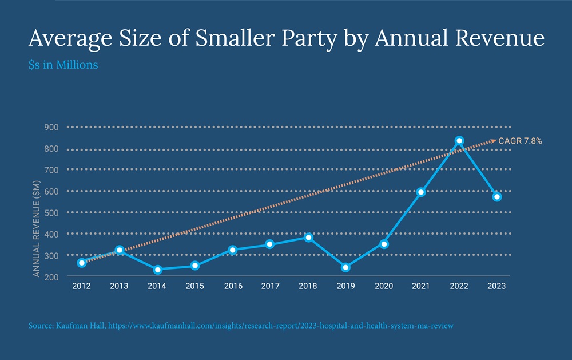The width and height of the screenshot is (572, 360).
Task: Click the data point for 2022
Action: point(459,140)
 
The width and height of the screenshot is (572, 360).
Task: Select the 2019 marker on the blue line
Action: point(345,267)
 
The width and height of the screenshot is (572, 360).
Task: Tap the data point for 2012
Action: point(82,263)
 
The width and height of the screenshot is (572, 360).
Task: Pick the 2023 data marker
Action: point(497,197)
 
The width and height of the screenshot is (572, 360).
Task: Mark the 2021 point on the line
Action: point(421,192)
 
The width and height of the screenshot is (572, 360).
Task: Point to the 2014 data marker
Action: point(157,269)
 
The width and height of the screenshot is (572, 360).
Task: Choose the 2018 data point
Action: point(308,237)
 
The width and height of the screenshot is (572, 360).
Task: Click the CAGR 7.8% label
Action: point(520,140)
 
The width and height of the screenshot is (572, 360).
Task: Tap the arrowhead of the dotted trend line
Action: point(494,140)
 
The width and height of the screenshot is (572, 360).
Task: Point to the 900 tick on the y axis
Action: point(51,127)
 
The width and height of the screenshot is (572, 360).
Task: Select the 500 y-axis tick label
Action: point(51,213)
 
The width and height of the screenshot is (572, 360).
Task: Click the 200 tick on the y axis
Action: point(51,277)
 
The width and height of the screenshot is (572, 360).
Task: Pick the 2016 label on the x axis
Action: point(232,287)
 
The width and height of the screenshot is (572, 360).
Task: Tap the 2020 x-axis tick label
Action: point(383,287)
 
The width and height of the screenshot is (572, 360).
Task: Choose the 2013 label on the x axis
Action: point(119,287)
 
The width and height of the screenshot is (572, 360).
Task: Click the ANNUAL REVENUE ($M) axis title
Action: point(36,226)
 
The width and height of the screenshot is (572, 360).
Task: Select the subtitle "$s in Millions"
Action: point(63,65)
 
